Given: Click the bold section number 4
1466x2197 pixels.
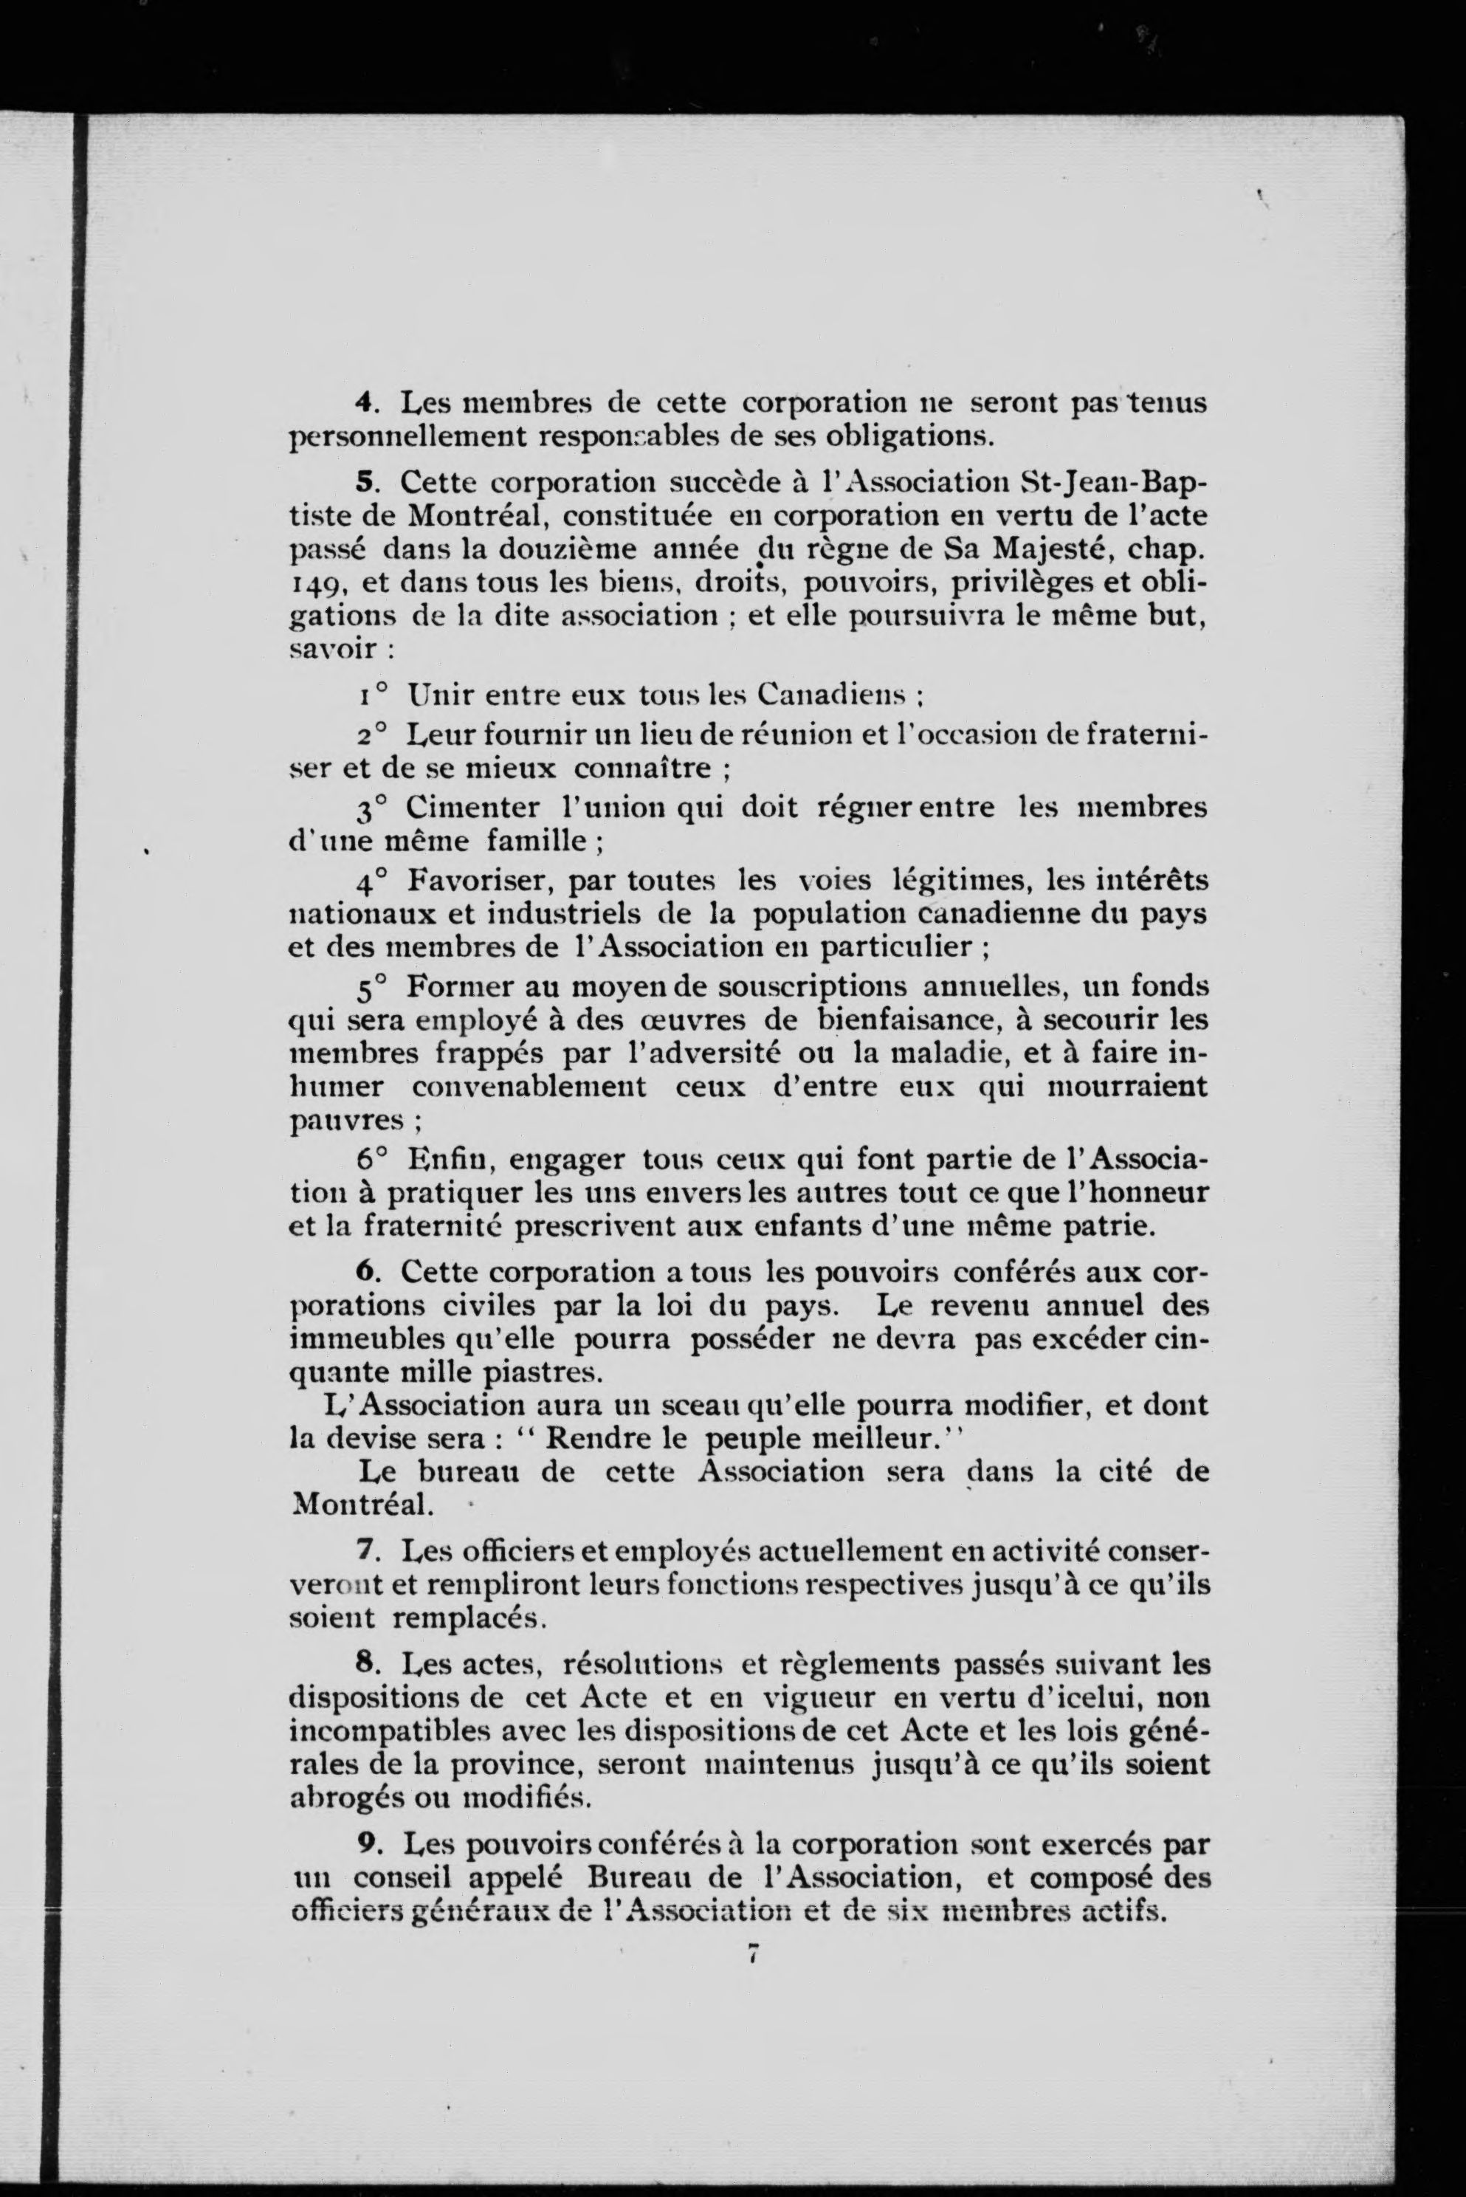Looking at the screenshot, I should (x=365, y=404).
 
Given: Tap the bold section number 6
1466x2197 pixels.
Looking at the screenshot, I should (x=365, y=1273).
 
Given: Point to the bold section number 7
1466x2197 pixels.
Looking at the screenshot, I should (x=365, y=1550).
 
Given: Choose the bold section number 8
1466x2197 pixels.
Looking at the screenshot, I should (x=365, y=1664).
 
